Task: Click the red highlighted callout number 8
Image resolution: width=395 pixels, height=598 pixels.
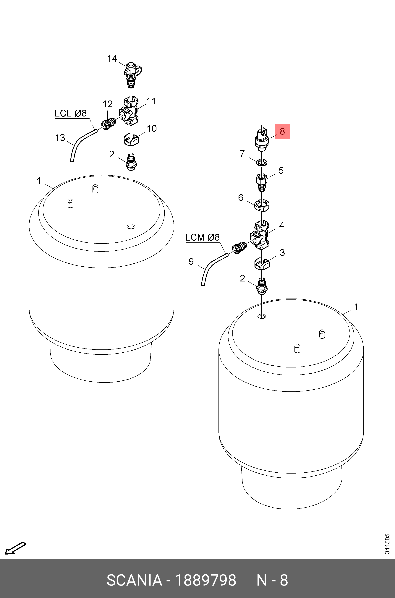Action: point(282,131)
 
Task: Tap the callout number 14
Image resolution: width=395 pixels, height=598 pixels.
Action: point(112,59)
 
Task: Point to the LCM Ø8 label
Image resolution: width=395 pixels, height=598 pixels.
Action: point(202,237)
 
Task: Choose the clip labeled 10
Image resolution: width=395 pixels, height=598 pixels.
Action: point(131,140)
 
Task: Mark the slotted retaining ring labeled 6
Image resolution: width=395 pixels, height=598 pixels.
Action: point(262,205)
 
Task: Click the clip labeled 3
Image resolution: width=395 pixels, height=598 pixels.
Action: point(261,264)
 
